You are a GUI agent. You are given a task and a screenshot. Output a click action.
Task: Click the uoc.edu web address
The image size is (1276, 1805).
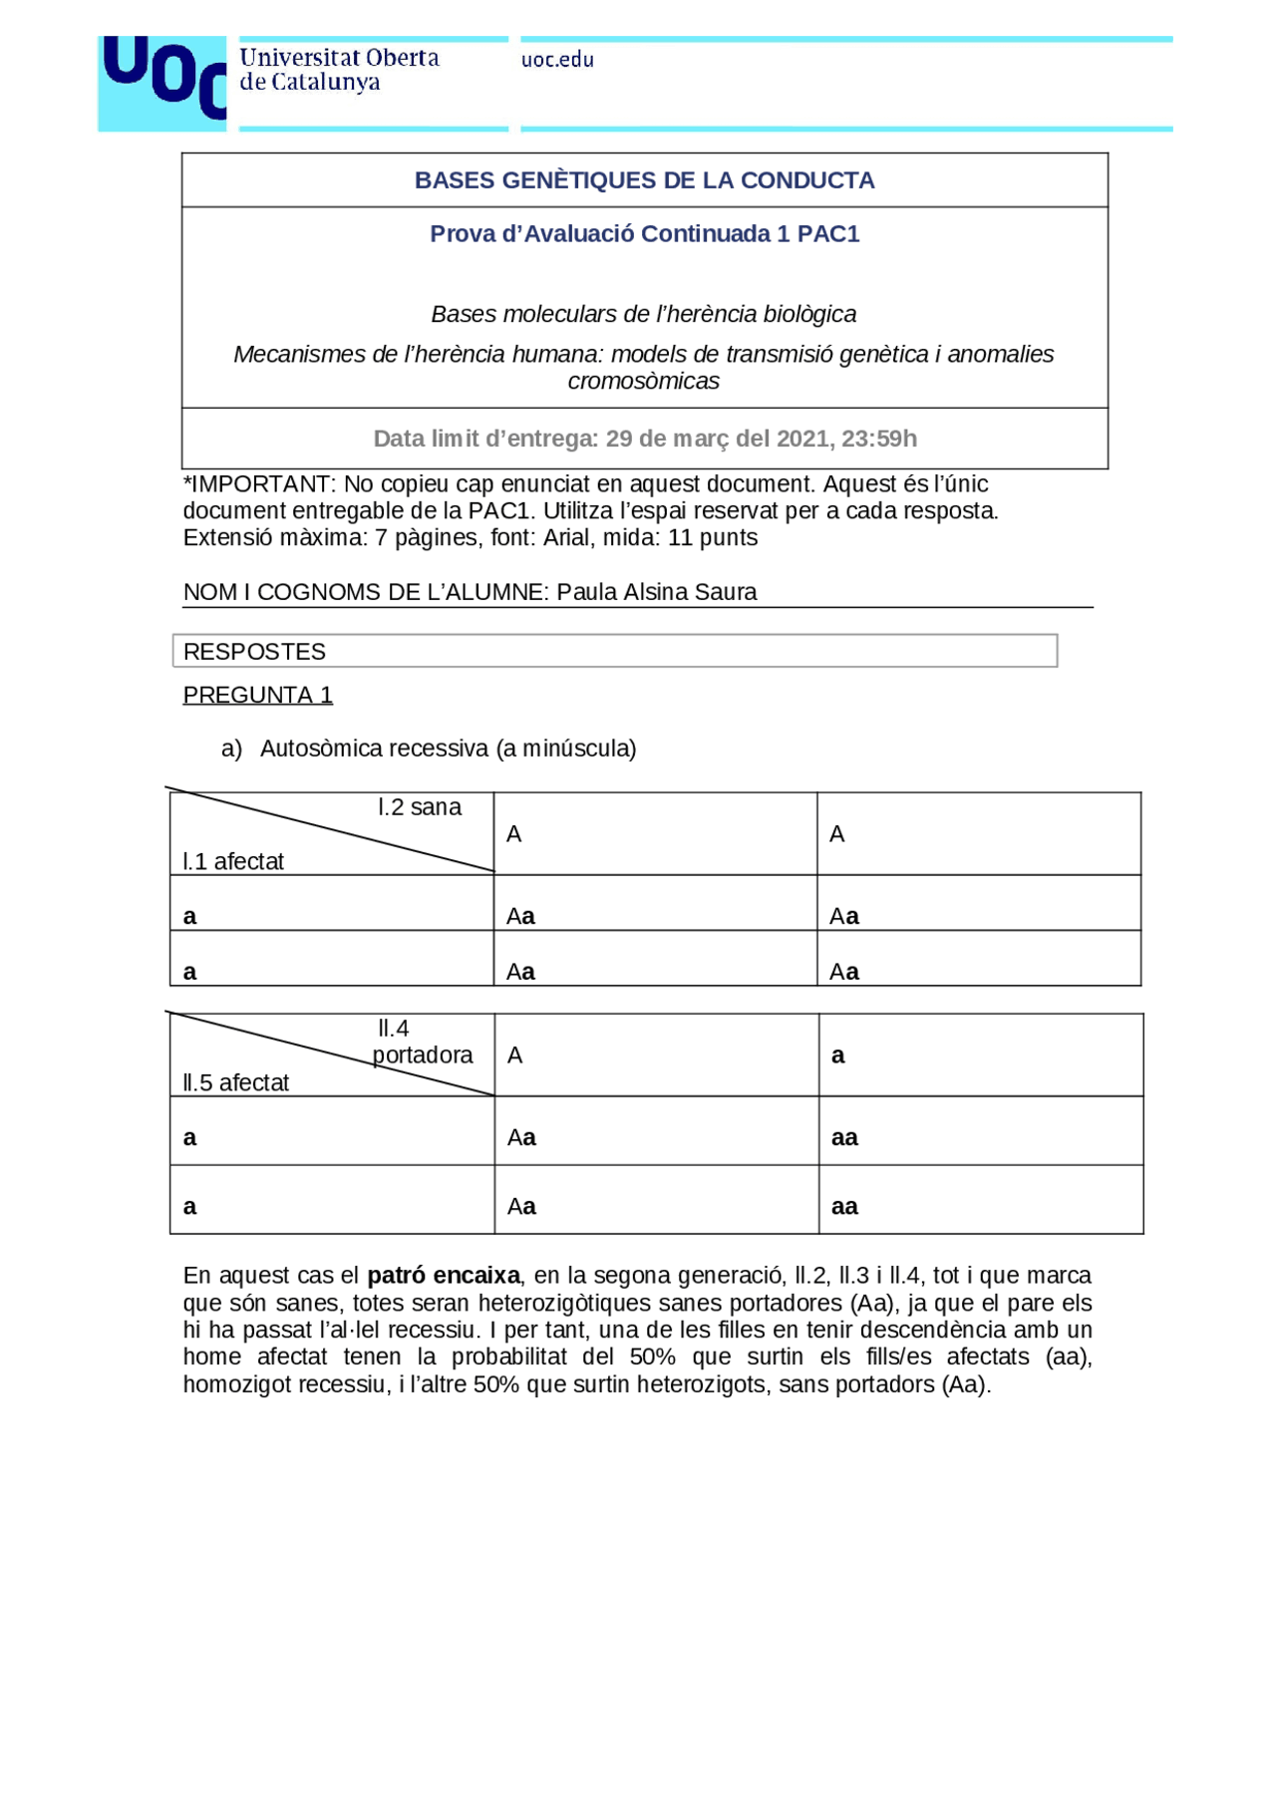pyautogui.click(x=557, y=60)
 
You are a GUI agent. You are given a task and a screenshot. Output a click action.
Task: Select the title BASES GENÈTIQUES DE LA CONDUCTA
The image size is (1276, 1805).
pyautogui.click(x=644, y=180)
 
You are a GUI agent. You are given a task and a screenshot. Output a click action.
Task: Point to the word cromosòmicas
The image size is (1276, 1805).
pyautogui.click(x=643, y=382)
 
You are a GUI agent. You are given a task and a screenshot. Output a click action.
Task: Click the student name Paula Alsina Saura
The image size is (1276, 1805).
pyautogui.click(x=656, y=592)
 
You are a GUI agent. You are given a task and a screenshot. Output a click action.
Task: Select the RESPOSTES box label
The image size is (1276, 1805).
pyautogui.click(x=254, y=652)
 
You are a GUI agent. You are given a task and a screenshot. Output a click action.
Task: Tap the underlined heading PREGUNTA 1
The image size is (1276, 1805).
pyautogui.click(x=257, y=696)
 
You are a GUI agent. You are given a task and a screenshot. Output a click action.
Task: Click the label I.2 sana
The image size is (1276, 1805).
pyautogui.click(x=420, y=807)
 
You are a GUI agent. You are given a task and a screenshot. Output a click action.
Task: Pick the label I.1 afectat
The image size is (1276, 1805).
pyautogui.click(x=233, y=861)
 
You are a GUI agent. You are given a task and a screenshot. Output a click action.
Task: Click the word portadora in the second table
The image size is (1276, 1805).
pyautogui.click(x=423, y=1054)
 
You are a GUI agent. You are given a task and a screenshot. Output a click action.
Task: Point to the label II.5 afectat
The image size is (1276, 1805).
pyautogui.click(x=236, y=1082)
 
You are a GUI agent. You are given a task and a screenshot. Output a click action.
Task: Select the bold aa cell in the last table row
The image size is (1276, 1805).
pyautogui.click(x=844, y=1206)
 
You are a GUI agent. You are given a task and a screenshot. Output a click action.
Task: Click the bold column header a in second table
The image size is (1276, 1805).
pyautogui.click(x=837, y=1055)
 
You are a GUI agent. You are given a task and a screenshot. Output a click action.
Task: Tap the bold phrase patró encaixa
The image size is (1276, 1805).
pyautogui.click(x=444, y=1276)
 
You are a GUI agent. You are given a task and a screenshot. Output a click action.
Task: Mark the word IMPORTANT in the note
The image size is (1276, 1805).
pyautogui.click(x=262, y=484)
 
